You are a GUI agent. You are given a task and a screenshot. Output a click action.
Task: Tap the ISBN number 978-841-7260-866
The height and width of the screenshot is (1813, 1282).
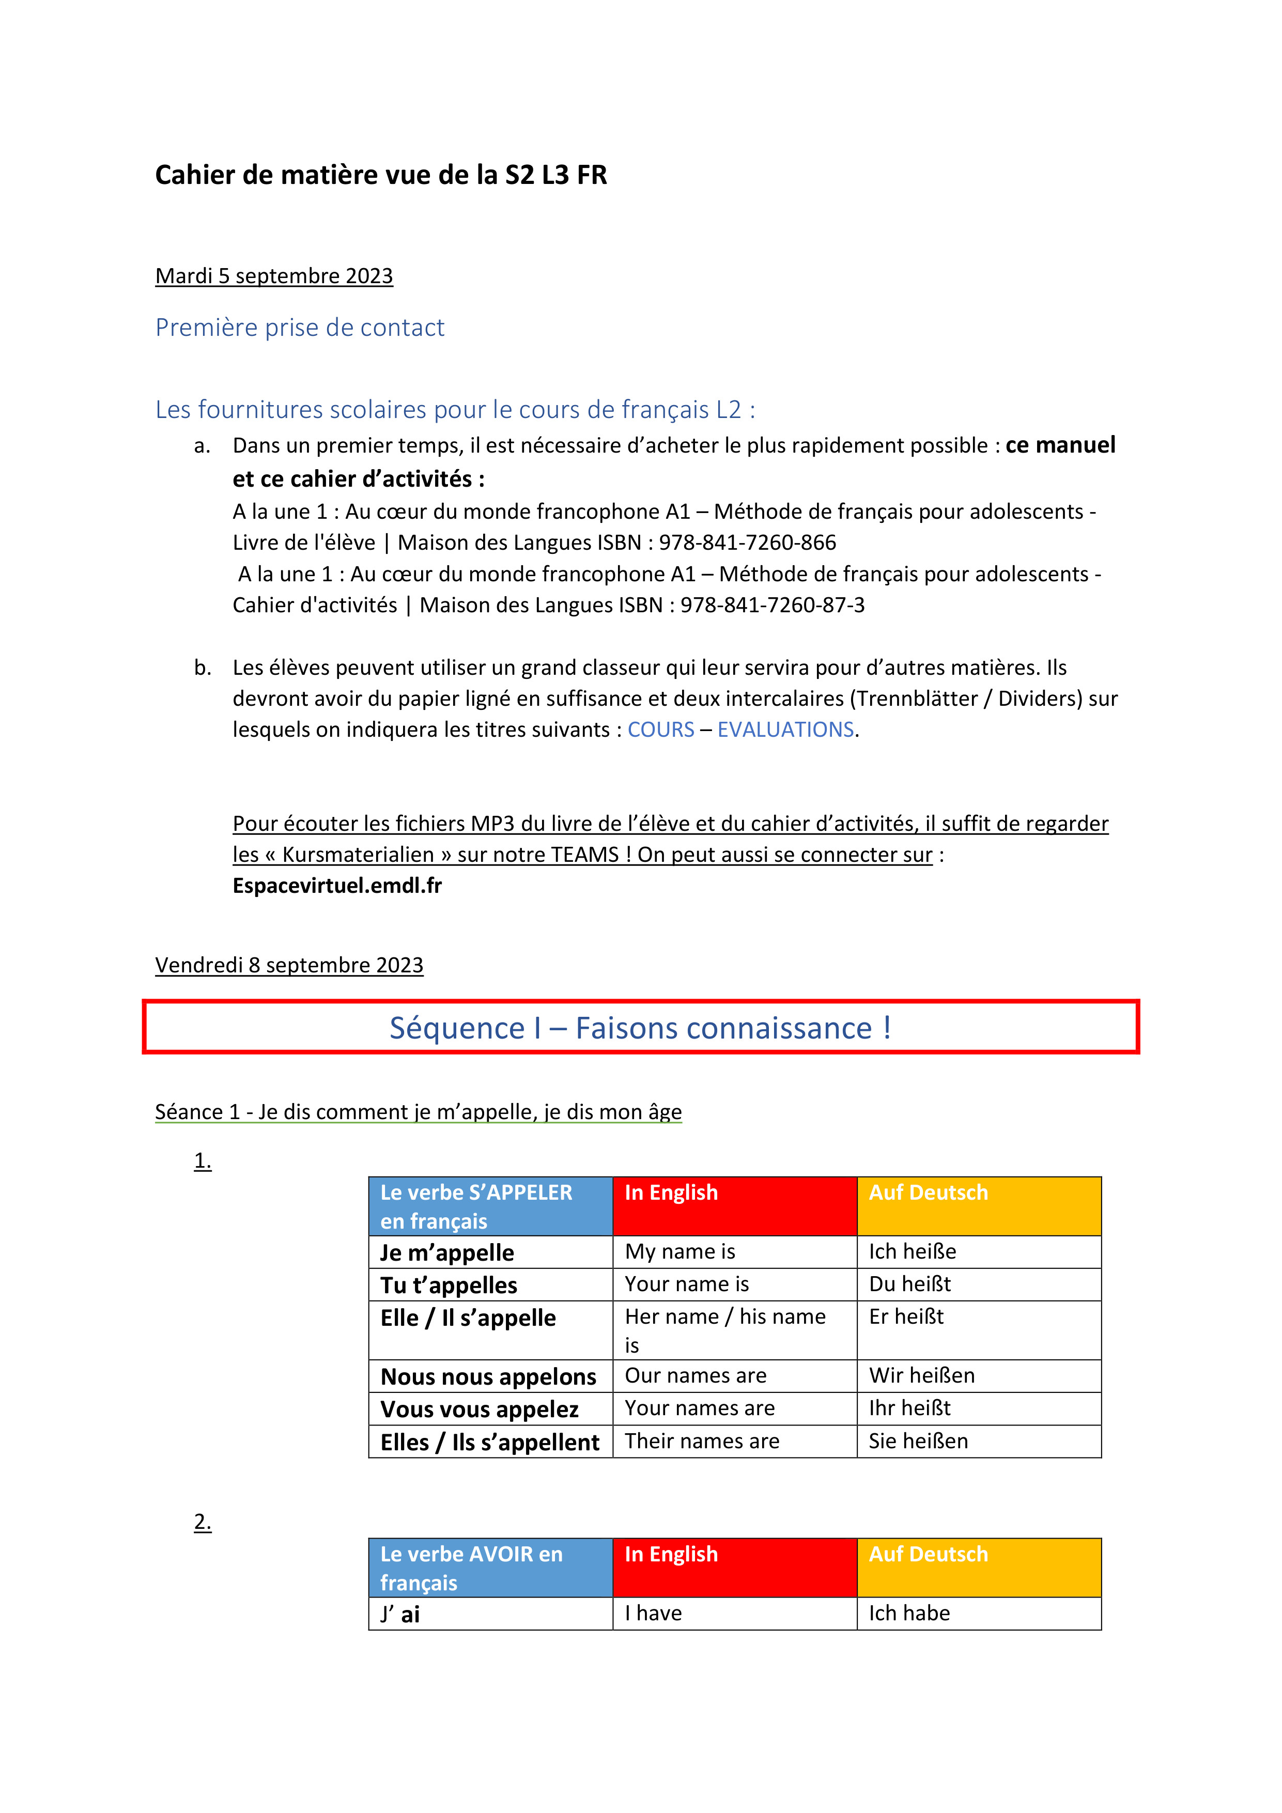pyautogui.click(x=747, y=543)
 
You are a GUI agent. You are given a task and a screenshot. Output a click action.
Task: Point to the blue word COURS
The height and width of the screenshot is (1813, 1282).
pyautogui.click(x=660, y=729)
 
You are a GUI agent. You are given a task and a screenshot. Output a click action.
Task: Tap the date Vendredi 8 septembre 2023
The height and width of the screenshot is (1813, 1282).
pyautogui.click(x=288, y=965)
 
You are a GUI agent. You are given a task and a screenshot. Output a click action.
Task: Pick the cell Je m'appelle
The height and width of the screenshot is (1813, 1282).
pyautogui.click(x=447, y=1252)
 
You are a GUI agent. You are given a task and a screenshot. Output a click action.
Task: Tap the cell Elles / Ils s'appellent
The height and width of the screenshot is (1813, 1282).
pyautogui.click(x=490, y=1442)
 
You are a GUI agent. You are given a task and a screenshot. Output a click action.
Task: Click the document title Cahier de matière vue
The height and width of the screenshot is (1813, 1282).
pyautogui.click(x=381, y=175)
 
